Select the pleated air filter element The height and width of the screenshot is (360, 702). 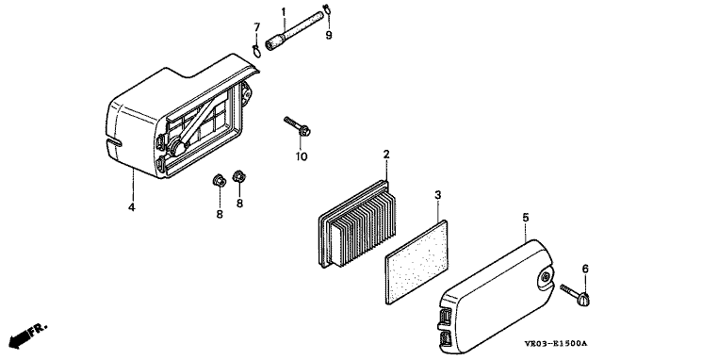pos(358,223)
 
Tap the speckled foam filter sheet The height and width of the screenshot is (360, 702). pos(416,262)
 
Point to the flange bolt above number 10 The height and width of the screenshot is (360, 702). pos(297,126)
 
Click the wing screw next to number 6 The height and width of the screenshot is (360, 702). pos(576,295)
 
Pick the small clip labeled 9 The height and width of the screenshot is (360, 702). pos(327,8)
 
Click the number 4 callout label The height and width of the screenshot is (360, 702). pos(132,207)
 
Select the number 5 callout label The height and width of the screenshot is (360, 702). pos(526,218)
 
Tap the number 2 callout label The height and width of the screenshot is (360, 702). pos(386,155)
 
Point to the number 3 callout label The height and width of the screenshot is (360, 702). pos(438,195)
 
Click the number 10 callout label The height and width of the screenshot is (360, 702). pos(302,156)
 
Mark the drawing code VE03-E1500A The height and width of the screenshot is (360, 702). pos(556,344)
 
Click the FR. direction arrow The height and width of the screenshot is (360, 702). pos(27,335)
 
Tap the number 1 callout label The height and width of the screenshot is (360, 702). pos(284,11)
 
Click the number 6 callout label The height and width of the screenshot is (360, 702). pos(585,269)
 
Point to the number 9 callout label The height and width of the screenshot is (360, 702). pos(329,35)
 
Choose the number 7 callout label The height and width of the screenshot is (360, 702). pos(257,27)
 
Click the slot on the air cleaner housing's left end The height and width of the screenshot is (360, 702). pos(114,142)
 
